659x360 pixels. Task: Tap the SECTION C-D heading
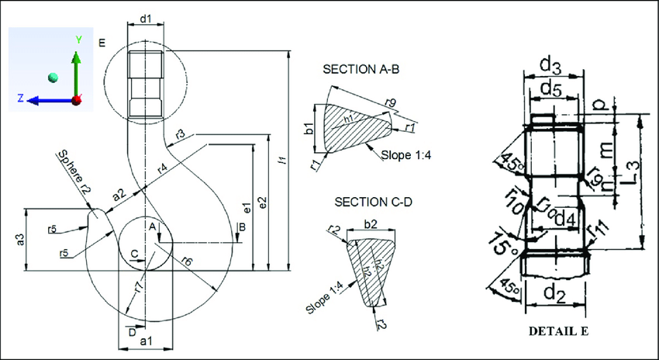(373, 202)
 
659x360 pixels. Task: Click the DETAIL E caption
(558, 331)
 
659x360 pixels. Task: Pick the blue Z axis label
(21, 99)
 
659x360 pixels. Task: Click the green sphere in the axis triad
(53, 77)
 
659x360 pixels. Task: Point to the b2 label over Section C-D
(371, 223)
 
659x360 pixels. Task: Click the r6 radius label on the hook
(188, 261)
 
